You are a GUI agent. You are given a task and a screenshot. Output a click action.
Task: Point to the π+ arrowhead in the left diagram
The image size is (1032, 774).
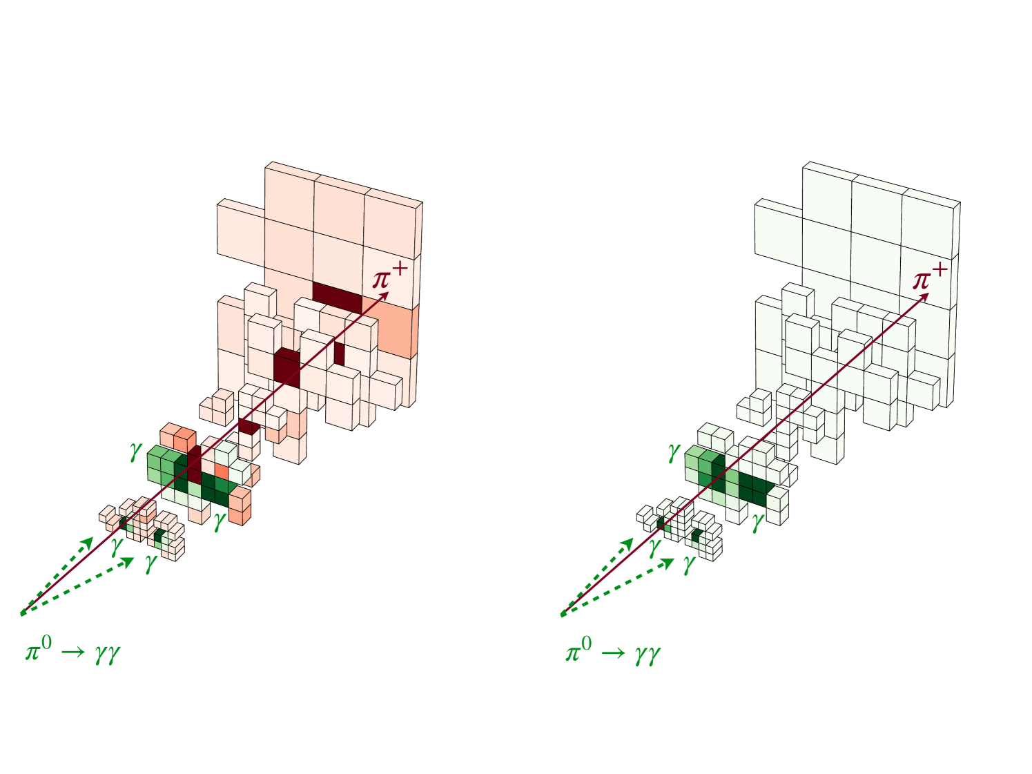384,296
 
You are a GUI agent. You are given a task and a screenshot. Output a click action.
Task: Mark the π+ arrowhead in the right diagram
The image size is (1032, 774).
924,296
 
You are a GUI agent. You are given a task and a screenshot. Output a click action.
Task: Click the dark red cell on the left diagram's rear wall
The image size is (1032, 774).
337,296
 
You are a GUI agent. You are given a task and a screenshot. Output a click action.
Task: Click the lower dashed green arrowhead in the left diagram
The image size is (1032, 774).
128,561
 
